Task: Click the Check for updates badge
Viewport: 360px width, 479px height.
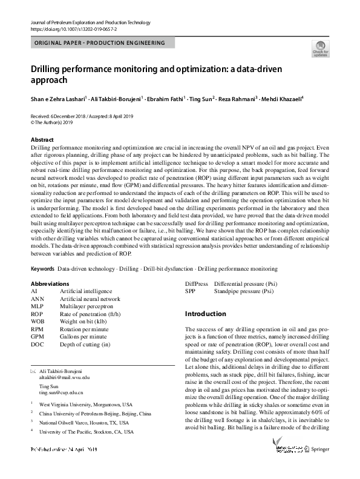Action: point(320,49)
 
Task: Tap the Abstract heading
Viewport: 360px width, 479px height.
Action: point(42,140)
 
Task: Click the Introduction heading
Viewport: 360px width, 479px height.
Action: point(205,314)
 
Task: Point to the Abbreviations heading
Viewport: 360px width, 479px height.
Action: point(50,283)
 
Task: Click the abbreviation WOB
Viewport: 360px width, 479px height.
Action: point(38,322)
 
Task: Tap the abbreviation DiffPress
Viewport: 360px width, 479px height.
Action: point(196,283)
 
